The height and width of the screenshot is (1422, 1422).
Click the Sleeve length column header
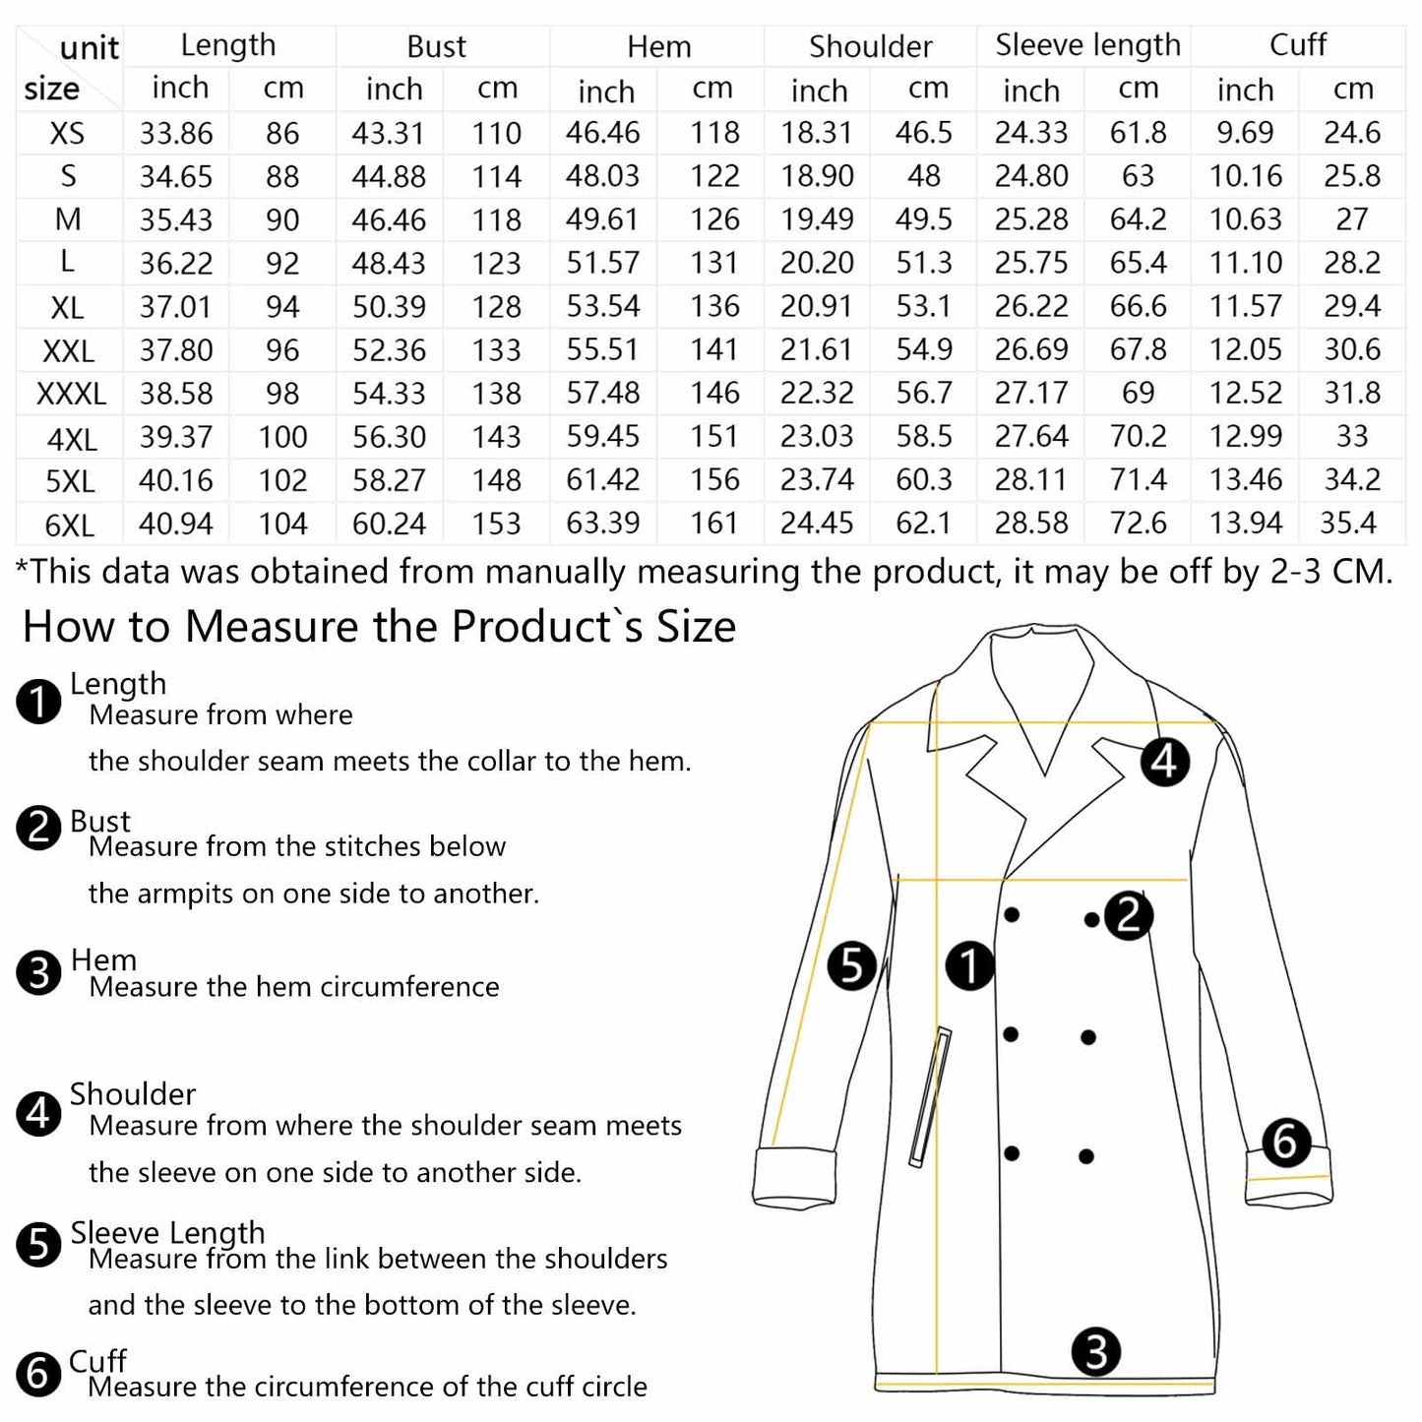pos(1086,45)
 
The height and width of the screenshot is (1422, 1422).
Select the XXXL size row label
pos(71,394)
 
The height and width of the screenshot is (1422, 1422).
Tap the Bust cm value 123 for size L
pos(496,264)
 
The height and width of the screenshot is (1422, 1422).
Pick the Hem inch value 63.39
pos(602,523)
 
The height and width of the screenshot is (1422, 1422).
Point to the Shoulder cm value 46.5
pos(923,133)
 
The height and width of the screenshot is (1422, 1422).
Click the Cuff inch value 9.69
pos(1245,133)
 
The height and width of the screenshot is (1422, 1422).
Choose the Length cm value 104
pos(282,524)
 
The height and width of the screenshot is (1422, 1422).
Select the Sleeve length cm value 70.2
pos(1138,436)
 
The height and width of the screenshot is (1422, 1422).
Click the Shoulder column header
pos(870,46)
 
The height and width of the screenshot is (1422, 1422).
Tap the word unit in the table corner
pos(89,47)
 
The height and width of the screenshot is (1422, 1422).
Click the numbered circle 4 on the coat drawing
pos(1165,762)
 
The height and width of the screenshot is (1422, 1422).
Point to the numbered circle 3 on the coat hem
pos(1096,1352)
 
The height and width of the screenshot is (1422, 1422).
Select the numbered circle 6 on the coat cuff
pos(1285,1143)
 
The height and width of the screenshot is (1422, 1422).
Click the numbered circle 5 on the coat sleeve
pos(852,965)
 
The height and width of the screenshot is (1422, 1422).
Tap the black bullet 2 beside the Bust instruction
pos(38,828)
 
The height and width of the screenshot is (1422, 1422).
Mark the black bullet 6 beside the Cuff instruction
pos(38,1373)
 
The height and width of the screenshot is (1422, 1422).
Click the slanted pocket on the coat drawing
pos(930,1097)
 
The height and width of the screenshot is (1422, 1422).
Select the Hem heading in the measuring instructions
pos(103,959)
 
